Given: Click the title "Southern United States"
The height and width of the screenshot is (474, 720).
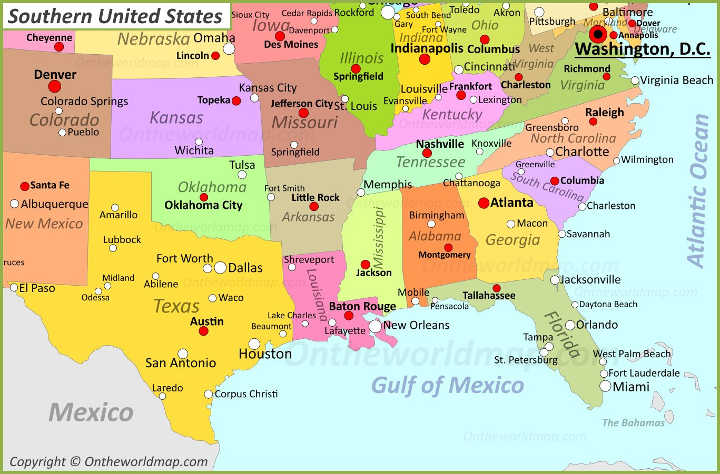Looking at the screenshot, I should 115,16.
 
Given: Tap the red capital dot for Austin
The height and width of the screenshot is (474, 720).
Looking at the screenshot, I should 203,331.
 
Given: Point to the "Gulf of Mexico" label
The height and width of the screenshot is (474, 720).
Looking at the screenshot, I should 448,386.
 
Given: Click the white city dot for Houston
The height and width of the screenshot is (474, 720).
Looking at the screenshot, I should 254,344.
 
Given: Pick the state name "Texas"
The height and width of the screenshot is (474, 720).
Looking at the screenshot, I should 176,306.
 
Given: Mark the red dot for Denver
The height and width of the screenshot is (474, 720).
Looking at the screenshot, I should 55,86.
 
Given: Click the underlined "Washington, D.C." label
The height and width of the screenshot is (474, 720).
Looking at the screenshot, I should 642,49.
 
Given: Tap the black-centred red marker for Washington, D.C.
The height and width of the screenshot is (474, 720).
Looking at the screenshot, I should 598,35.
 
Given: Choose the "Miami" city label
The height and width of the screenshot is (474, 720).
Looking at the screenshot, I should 631,387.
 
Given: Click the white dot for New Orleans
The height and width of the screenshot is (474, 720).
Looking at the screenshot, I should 375,326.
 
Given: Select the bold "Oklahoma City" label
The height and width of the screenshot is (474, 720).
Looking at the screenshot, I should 203,205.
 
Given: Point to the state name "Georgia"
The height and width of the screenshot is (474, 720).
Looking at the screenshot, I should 512,240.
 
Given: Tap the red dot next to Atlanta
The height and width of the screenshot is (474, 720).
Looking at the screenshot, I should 484,203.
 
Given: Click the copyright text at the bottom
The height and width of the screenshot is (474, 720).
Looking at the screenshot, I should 109,462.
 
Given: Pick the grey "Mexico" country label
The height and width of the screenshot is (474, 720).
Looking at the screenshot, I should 91,412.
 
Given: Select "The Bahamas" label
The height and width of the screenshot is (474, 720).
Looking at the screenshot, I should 633,423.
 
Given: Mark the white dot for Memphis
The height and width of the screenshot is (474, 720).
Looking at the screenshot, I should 361,193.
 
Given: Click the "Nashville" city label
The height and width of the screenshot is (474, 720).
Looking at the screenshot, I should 440,144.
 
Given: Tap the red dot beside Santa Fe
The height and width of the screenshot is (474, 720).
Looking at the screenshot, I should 25,186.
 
